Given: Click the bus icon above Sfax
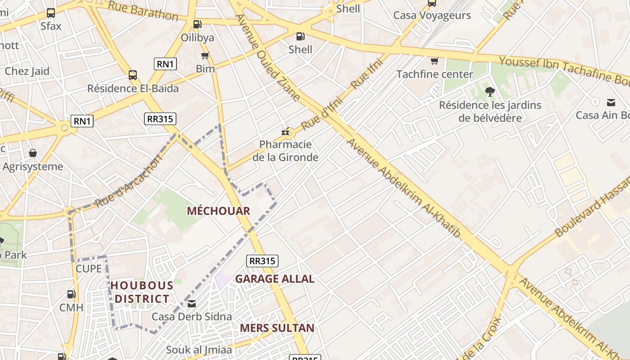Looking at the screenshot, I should (x=51, y=13).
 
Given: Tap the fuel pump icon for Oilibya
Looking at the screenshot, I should (x=197, y=24).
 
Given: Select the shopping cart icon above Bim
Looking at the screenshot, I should (x=205, y=56).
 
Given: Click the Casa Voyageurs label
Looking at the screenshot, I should (x=432, y=15).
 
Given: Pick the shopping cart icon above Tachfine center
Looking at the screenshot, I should (x=434, y=61).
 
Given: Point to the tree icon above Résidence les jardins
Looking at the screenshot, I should (x=490, y=92).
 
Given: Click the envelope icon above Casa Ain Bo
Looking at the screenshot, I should (x=611, y=102).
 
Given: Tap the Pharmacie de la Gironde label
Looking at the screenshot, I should (x=285, y=151).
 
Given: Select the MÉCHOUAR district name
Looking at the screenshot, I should (x=218, y=211).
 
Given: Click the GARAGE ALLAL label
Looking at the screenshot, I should (x=274, y=279).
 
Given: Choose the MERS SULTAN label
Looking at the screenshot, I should (x=277, y=328).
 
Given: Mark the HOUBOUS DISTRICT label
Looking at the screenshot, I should (x=142, y=292).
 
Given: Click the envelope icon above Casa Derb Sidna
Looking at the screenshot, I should (x=192, y=304).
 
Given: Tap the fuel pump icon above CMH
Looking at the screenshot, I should (x=71, y=294).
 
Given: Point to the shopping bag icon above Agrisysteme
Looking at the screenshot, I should (x=33, y=153).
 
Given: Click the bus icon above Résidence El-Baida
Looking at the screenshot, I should (x=133, y=75).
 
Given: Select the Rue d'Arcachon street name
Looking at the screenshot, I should (x=128, y=182).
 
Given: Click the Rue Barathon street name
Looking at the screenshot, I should (x=143, y=11).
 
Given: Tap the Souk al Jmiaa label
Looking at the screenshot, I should (x=199, y=350).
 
